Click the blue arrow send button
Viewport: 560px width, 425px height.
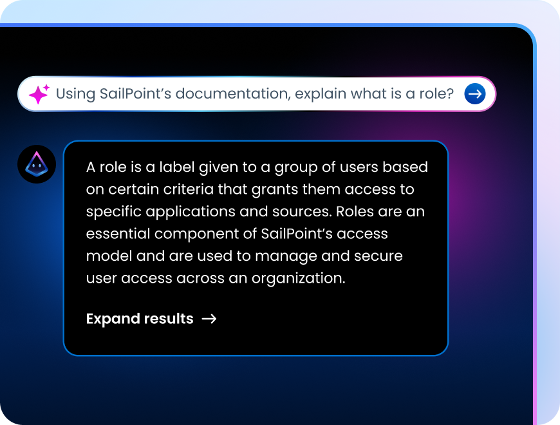(475, 94)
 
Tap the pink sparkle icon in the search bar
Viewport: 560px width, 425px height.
(39, 94)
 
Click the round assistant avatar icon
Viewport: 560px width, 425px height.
(37, 164)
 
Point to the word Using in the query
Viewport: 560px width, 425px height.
(75, 94)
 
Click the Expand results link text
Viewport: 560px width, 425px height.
(140, 319)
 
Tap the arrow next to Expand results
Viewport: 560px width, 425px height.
(209, 319)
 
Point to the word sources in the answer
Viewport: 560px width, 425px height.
(305, 212)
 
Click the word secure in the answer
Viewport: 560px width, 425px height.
(377, 256)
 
